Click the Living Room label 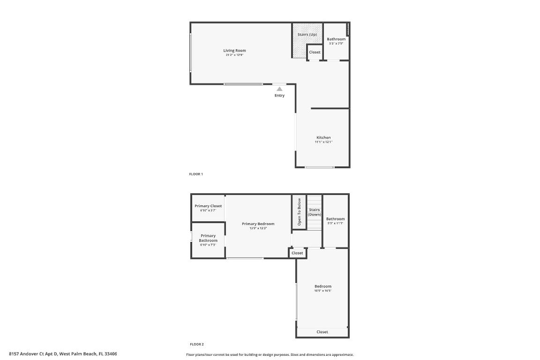tap(234, 51)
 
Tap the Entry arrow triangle tap(279, 89)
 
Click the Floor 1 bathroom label tap(336, 39)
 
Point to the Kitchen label tap(323, 138)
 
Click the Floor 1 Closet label tap(315, 52)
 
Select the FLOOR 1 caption tap(196, 174)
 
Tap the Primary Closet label tap(208, 206)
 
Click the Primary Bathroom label tap(208, 238)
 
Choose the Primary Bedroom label tap(258, 224)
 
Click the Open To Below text tap(299, 211)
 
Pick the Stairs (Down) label tap(314, 212)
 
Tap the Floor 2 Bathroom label tap(336, 219)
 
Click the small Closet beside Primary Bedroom tap(297, 253)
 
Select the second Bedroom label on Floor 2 tap(323, 286)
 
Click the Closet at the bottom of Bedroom tap(322, 332)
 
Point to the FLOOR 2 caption tap(196, 344)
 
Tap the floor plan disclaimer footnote tap(270, 355)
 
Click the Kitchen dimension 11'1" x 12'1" tap(323, 142)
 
